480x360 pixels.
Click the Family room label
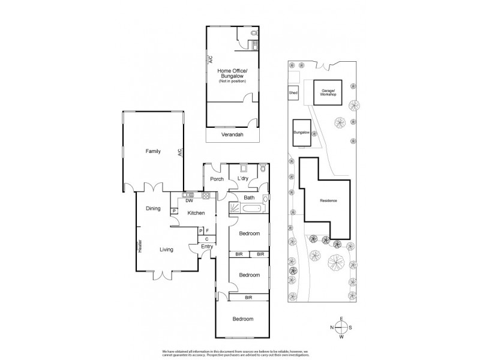154,152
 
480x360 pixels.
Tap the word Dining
153,208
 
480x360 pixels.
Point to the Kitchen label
196,213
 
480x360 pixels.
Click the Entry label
207,246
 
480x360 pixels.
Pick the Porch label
217,179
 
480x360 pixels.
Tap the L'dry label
243,179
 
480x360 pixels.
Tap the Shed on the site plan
293,93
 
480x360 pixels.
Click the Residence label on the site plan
328,200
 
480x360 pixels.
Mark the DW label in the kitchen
188,201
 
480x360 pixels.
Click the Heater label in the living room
140,246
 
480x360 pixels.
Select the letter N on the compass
331,328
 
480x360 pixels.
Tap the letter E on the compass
341,318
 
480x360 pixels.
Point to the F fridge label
207,230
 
